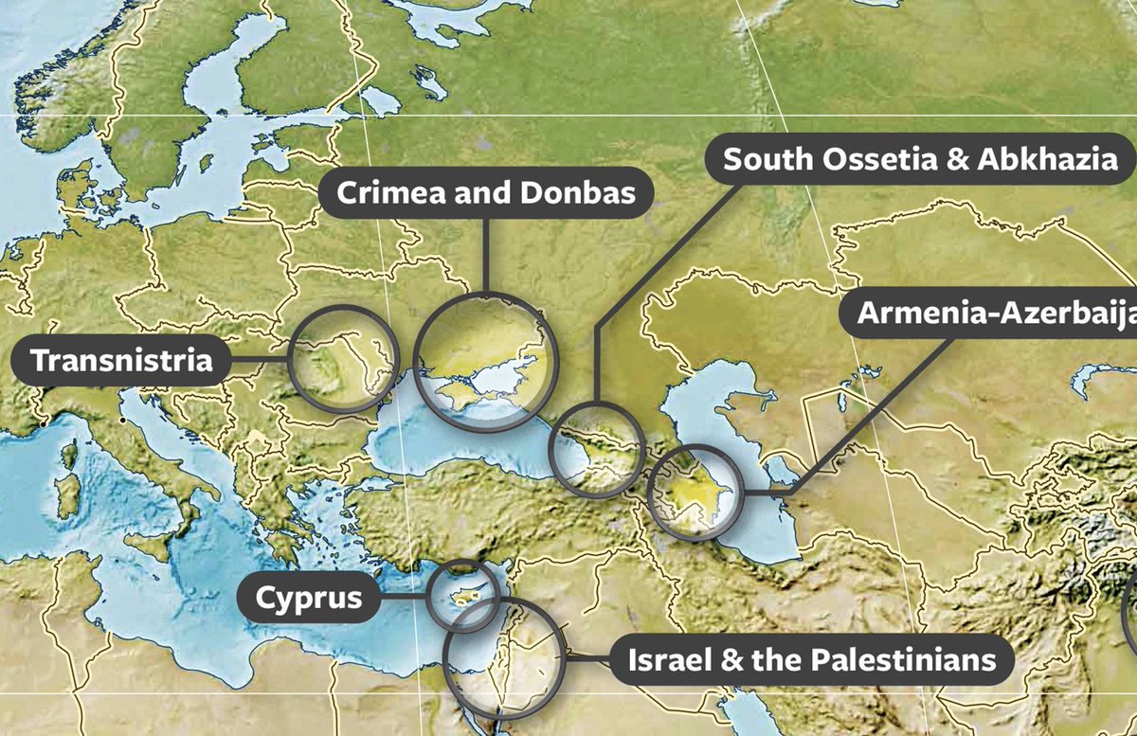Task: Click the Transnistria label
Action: click(x=121, y=360)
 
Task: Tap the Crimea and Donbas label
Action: click(x=485, y=193)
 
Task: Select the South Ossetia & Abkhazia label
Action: click(x=920, y=158)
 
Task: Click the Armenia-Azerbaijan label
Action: click(x=995, y=314)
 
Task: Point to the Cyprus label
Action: click(x=309, y=598)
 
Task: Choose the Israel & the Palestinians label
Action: click(x=812, y=659)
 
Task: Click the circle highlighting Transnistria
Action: click(x=343, y=359)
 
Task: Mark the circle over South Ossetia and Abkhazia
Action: click(x=597, y=449)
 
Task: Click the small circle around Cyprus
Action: click(x=463, y=594)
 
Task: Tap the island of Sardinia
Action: click(x=68, y=493)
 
